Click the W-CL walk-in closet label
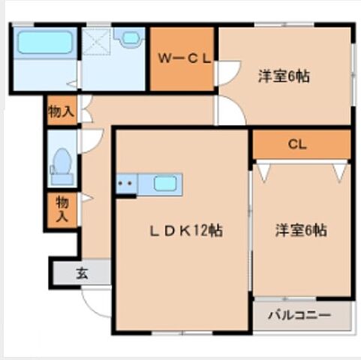(183, 58)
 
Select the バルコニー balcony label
(299, 316)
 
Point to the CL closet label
(298, 144)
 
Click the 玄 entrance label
(81, 273)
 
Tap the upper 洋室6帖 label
(284, 76)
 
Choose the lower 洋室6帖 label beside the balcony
(299, 230)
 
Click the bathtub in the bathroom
(44, 43)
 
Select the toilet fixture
(61, 165)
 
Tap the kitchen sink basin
(165, 184)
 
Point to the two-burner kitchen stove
(125, 184)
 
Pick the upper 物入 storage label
(61, 113)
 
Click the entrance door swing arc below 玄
(96, 301)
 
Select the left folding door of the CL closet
(263, 171)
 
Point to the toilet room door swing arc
(90, 140)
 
